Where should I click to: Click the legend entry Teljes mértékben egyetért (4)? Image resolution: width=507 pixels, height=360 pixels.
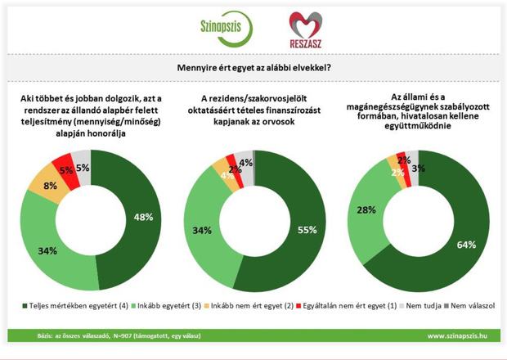tap(65, 306)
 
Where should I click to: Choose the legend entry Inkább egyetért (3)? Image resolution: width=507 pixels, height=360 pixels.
tap(164, 306)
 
